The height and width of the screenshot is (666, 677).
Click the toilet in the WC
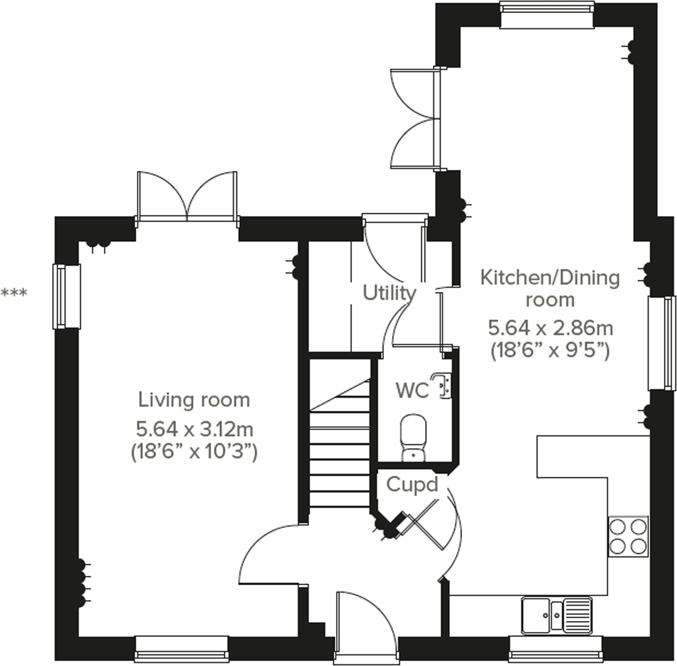coord(413,437)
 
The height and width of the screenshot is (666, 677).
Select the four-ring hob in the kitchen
coord(628,536)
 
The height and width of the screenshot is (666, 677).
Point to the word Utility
coord(389,293)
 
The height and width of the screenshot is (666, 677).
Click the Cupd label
coord(412,485)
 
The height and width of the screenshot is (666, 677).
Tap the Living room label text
coord(194,400)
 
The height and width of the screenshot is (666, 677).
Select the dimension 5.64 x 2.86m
coord(550,328)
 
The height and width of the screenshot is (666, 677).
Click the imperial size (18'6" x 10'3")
coord(194,452)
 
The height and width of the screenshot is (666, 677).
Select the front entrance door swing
coord(363,621)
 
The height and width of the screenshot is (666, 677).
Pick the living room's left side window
coord(66,296)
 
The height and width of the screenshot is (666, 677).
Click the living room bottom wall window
coord(182,649)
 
